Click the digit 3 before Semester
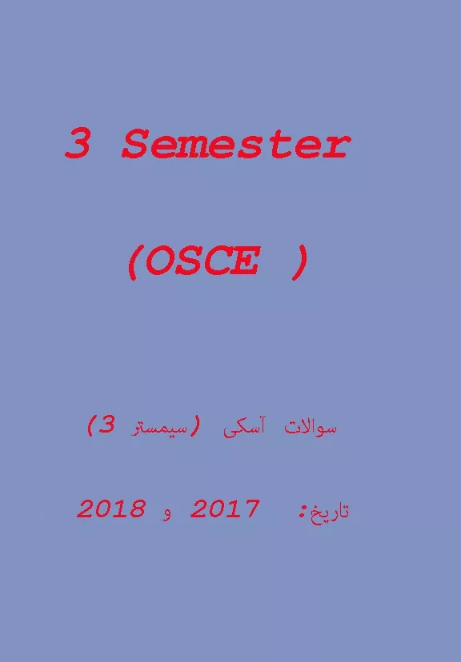(77, 146)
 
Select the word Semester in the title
(236, 146)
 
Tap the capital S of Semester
(135, 146)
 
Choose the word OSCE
(205, 262)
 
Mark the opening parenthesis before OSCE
(132, 262)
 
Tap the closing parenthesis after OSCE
(299, 262)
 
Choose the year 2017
(225, 508)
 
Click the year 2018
(111, 508)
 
